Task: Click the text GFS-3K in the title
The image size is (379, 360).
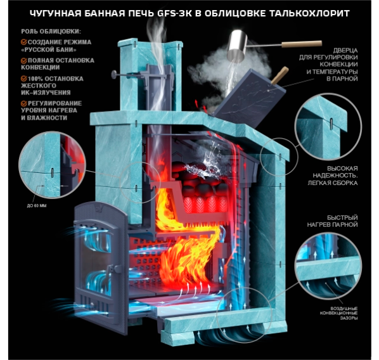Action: point(174,13)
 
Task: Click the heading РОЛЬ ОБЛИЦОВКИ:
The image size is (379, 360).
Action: point(51,32)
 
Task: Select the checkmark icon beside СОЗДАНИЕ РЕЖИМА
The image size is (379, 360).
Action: point(23,42)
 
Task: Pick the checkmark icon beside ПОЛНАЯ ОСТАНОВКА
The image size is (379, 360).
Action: point(23,60)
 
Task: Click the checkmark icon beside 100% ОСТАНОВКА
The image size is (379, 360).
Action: point(23,79)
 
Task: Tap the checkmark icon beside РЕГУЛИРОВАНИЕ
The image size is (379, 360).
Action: point(23,103)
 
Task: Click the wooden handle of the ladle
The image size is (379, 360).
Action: point(302,44)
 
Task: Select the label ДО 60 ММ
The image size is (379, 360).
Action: point(37,206)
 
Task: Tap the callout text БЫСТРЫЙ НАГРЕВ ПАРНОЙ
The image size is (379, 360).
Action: point(332,221)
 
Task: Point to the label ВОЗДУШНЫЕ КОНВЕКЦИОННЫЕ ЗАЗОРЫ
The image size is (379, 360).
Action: point(339,313)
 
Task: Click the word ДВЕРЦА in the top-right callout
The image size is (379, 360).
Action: point(345,50)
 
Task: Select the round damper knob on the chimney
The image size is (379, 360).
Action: point(113,74)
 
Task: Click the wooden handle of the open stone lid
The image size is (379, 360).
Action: point(280,75)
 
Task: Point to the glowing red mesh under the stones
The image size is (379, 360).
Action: point(205,204)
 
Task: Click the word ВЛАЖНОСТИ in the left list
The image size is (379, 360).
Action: point(47,118)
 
